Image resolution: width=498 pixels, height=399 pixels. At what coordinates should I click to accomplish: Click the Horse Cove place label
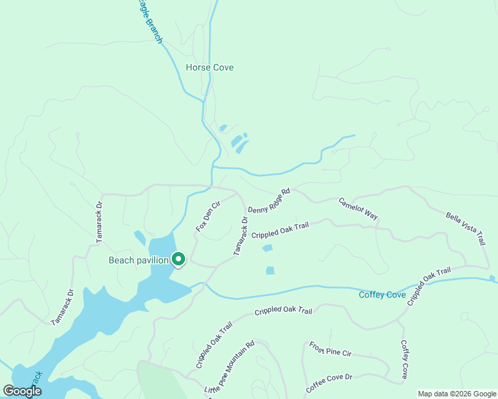(x=210, y=68)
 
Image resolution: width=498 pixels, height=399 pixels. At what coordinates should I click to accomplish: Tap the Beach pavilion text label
(x=138, y=260)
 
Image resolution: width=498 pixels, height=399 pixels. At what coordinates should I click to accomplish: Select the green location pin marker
(x=178, y=259)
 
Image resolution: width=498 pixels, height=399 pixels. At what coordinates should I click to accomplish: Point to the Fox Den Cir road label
(x=207, y=217)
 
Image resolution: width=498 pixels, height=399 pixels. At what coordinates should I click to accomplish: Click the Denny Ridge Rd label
(x=269, y=201)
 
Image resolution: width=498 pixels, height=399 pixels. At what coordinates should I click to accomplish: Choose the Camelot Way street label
(x=358, y=209)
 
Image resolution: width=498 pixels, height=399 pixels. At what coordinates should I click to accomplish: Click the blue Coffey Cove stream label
(x=382, y=295)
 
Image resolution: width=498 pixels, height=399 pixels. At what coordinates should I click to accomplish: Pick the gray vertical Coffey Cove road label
(x=404, y=360)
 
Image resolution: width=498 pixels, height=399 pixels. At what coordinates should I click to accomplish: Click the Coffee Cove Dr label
(x=329, y=384)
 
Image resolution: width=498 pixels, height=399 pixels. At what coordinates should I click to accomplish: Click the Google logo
(x=22, y=390)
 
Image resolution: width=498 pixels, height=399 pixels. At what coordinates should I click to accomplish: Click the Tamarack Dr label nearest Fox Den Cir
(x=240, y=235)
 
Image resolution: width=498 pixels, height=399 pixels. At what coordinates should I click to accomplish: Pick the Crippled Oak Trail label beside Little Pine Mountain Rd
(x=214, y=344)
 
